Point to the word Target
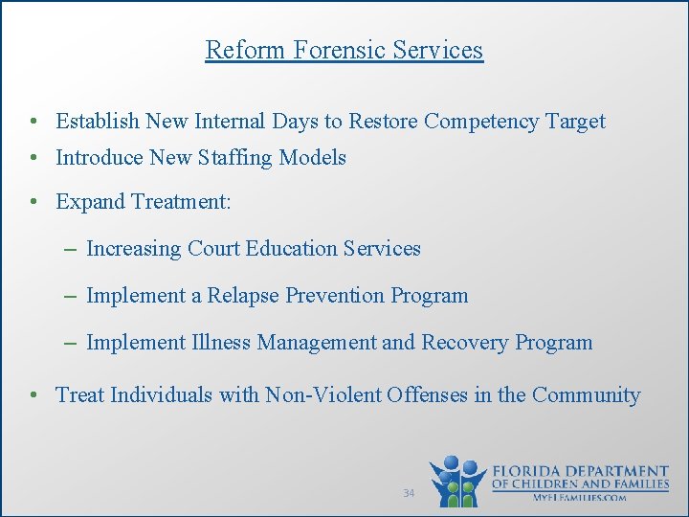point(575,122)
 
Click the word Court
point(212,249)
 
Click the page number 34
point(409,493)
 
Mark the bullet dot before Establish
point(33,123)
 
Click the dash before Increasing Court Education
point(73,249)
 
